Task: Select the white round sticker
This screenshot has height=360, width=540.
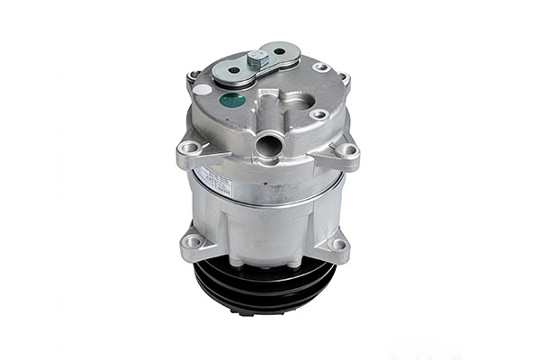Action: click(203, 89)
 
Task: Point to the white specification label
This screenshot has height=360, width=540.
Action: click(216, 181)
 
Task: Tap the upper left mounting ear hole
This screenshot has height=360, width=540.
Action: click(190, 147)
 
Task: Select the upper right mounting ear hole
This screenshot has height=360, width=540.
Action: click(346, 149)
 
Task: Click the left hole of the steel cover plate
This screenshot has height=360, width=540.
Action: click(234, 69)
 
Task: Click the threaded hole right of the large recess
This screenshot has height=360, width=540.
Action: click(319, 114)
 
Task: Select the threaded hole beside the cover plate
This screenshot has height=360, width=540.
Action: click(319, 67)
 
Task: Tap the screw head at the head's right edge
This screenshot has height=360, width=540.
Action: click(344, 78)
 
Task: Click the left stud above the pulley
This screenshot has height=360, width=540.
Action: click(236, 262)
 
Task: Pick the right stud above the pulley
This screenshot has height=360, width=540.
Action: click(296, 263)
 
